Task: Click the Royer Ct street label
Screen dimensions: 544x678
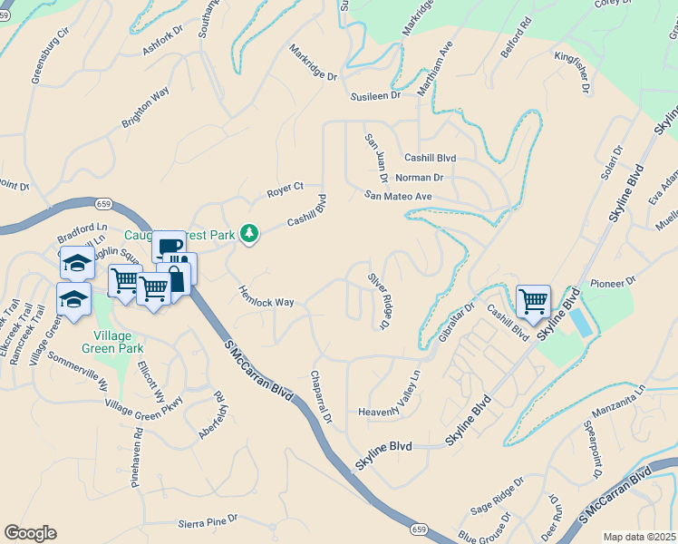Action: (x=285, y=190)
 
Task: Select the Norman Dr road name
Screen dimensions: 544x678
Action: (x=419, y=178)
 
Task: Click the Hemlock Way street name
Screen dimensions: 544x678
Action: (x=266, y=296)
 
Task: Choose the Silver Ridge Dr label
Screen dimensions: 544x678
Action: (x=380, y=300)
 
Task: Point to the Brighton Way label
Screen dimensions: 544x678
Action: (x=146, y=109)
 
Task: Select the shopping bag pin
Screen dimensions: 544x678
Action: (x=175, y=277)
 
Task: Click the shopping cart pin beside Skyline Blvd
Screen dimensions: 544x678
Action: (x=533, y=300)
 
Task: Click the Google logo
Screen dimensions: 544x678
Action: (x=30, y=533)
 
